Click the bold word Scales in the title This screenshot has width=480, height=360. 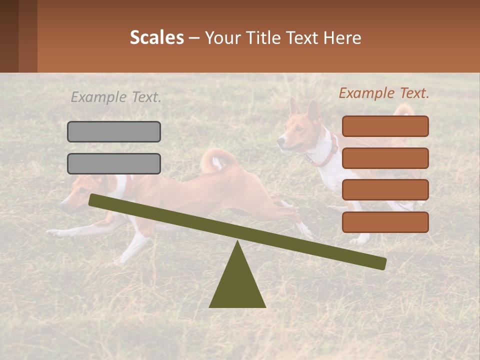click(x=156, y=38)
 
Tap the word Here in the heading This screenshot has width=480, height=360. click(x=342, y=38)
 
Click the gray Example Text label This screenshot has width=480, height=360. click(x=116, y=97)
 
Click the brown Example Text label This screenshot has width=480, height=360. click(x=384, y=93)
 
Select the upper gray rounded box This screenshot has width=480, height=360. click(x=114, y=131)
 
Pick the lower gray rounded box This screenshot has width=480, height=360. click(x=114, y=163)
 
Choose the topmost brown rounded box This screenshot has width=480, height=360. click(x=385, y=126)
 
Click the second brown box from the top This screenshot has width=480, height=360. click(x=385, y=158)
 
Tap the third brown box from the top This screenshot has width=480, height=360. click(x=385, y=190)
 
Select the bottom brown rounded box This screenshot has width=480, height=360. click(x=385, y=222)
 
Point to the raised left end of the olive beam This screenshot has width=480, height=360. click(x=93, y=200)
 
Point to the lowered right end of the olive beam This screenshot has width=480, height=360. click(x=382, y=263)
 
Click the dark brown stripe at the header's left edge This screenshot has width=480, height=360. click(x=9, y=36)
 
